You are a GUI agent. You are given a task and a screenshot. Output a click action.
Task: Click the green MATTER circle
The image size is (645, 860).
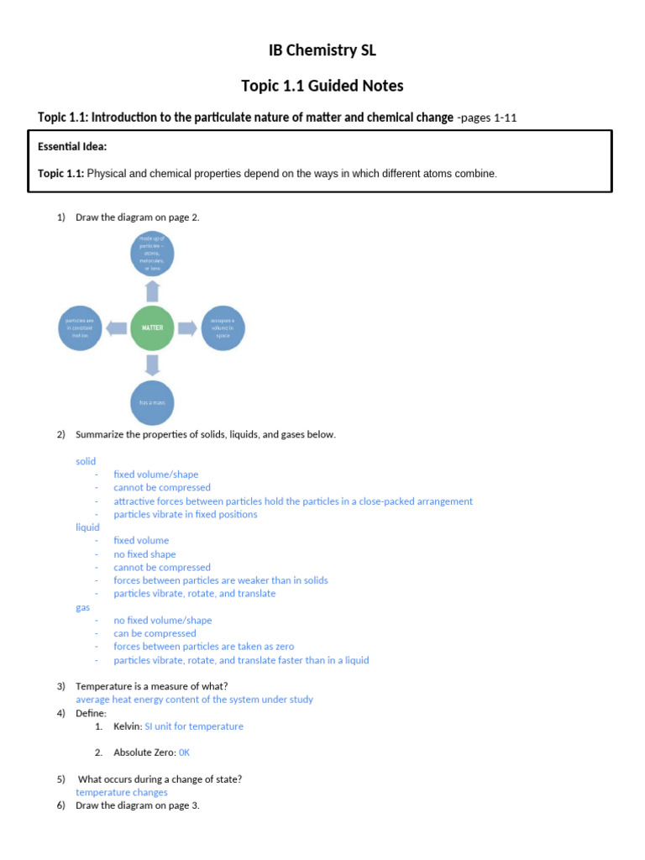pos(153,328)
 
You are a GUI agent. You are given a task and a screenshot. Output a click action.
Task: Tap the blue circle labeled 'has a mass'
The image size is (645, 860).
pos(152,402)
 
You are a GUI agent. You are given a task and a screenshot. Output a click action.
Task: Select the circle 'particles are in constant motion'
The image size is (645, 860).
pos(83,328)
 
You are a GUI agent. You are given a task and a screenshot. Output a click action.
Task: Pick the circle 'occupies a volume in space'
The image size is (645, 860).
pos(222,328)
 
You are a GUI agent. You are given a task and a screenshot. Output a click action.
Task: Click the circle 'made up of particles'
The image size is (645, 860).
pos(152,254)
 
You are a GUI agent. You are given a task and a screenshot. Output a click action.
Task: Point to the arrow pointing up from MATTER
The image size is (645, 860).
pos(152,291)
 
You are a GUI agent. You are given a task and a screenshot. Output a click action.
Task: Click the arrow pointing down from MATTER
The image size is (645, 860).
pos(152,364)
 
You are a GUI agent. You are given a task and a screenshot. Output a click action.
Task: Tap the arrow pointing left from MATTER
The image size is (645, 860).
pos(118,328)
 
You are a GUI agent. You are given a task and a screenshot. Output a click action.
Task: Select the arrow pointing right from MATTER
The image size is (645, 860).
pos(187,328)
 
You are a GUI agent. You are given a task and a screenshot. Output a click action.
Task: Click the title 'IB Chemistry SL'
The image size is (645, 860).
pos(322,50)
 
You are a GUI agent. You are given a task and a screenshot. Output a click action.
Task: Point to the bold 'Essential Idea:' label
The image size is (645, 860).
pos(72,147)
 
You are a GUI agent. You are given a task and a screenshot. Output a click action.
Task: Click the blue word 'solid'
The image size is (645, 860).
pos(86,461)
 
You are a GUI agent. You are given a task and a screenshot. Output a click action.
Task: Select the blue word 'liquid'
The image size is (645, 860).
pos(87,527)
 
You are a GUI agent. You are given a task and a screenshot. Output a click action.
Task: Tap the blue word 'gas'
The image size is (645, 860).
pos(82,607)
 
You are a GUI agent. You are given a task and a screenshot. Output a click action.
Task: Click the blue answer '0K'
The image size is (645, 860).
pos(184,752)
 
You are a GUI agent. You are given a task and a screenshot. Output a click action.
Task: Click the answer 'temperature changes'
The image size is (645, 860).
pos(122,792)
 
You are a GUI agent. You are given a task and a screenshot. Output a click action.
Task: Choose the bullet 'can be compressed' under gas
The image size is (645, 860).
pos(155,633)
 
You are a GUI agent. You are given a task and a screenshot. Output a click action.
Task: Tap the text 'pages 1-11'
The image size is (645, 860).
pos(490,118)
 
